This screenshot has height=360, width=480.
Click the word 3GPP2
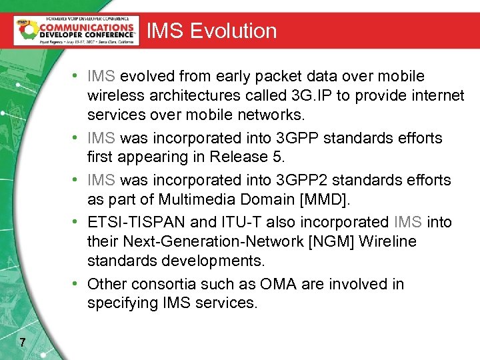pos(297,180)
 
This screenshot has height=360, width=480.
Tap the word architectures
pos(205,95)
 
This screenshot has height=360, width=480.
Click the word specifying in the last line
pos(123,303)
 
